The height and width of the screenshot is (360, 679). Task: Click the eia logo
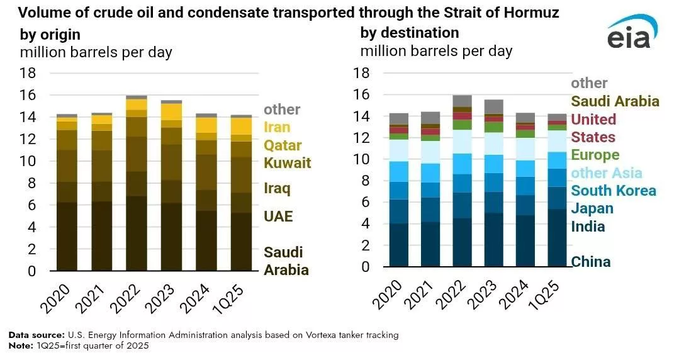click(632, 34)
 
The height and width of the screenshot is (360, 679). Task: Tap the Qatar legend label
click(283, 146)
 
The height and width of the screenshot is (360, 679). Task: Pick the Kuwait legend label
click(287, 164)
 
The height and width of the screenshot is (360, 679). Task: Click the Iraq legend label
click(277, 188)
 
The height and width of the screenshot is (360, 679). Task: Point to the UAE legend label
click(278, 217)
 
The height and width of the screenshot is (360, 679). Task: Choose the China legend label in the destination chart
click(591, 262)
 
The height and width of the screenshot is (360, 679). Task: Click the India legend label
click(588, 227)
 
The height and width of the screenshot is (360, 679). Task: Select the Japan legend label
click(592, 208)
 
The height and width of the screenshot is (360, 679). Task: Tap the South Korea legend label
click(614, 191)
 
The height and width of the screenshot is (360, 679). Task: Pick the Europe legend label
click(595, 155)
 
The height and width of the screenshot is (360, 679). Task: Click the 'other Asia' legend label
click(606, 173)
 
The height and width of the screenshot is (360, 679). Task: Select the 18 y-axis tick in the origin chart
click(28, 73)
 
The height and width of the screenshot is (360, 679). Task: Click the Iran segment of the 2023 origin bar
click(172, 111)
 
